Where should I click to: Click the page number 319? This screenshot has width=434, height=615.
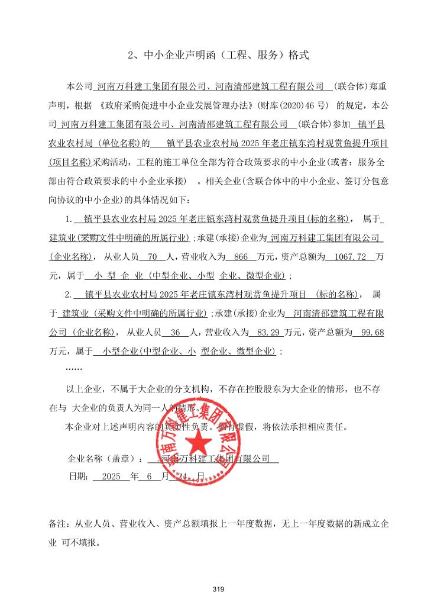click(217, 589)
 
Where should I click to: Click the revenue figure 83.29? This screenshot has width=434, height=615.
click(263, 332)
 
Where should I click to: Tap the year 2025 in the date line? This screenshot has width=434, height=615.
click(111, 476)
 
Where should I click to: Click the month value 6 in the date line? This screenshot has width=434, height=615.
click(149, 476)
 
